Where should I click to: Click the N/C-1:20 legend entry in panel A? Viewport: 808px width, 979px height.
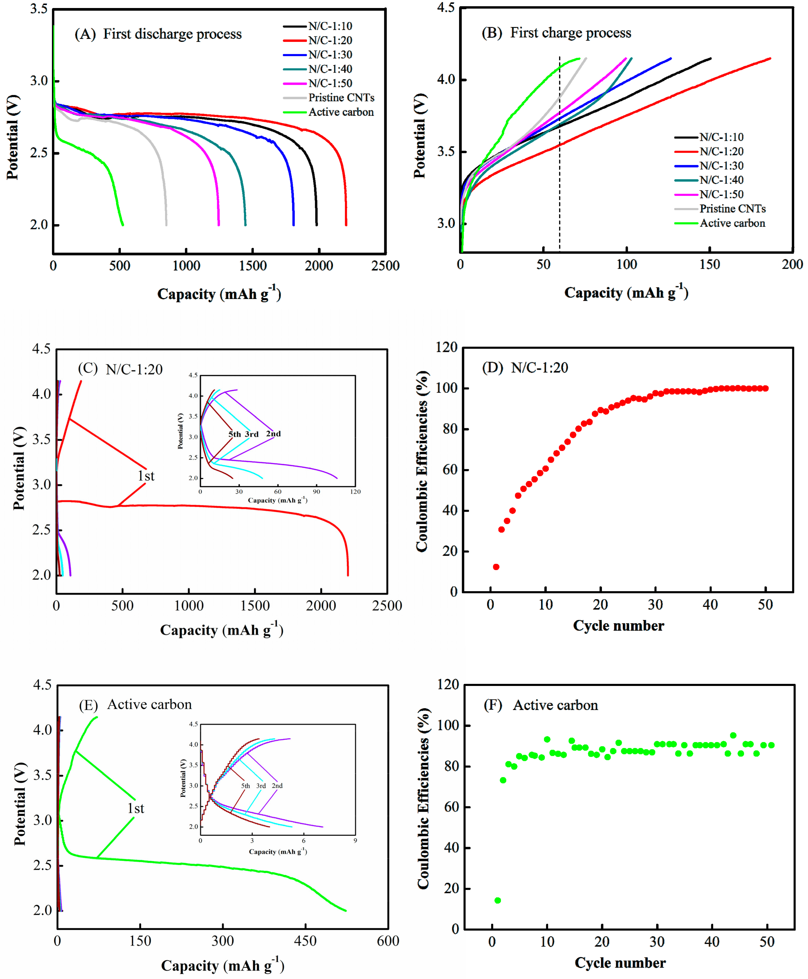point(330,40)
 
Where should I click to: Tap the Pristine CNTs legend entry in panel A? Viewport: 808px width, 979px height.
point(341,98)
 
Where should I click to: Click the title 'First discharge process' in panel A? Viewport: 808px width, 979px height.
point(172,34)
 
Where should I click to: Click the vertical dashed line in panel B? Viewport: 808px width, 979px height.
point(559,154)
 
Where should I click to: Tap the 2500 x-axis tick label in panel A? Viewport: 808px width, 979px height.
point(385,266)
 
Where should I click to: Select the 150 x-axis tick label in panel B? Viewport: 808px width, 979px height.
point(710,265)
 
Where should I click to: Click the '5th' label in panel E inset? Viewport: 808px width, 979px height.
point(245,786)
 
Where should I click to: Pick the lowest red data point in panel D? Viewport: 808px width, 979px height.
point(496,567)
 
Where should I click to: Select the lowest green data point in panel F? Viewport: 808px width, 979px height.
point(498,900)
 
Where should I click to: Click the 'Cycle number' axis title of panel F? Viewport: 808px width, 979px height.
point(620,963)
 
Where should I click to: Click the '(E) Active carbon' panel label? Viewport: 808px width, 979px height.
point(135,705)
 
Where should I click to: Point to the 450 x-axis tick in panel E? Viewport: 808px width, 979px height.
point(305,941)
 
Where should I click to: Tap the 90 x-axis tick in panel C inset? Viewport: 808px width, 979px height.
point(317,491)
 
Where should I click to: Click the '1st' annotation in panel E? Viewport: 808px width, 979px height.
point(136,808)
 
